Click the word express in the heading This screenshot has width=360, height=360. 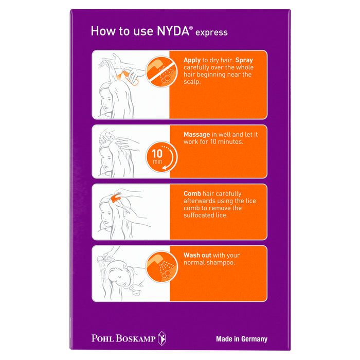click(x=211, y=32)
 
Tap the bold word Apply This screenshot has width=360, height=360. click(x=193, y=60)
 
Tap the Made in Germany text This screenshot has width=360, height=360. click(x=241, y=339)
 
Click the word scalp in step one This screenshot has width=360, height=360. click(x=193, y=82)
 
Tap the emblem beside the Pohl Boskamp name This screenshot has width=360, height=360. click(x=161, y=338)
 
